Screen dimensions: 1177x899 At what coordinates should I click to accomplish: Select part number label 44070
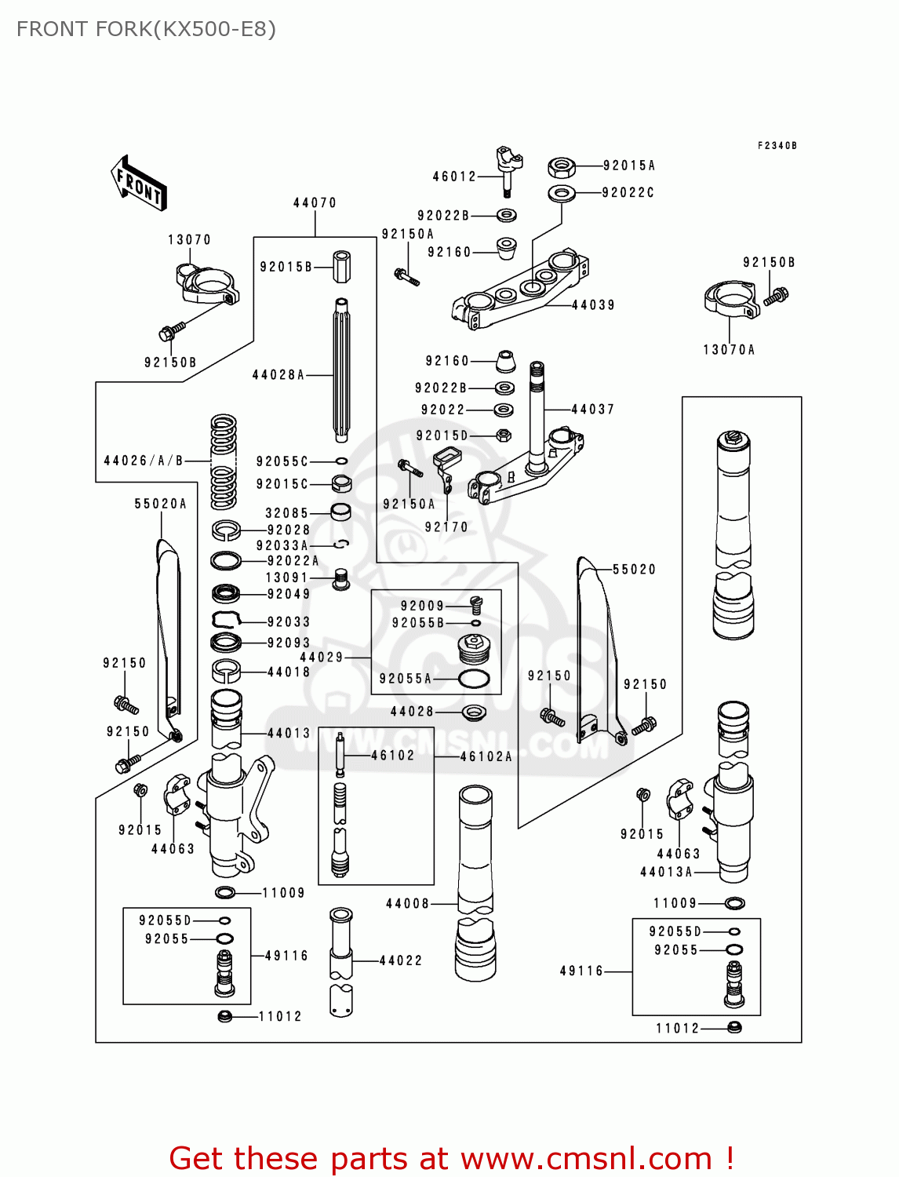(315, 202)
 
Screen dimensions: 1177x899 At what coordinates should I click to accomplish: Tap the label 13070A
(729, 350)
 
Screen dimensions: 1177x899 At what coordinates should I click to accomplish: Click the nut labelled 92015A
(561, 167)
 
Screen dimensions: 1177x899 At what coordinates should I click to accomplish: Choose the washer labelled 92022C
(561, 193)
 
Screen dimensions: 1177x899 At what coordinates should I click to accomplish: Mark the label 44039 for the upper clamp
(593, 305)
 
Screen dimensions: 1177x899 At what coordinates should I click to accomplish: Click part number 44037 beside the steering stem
(592, 410)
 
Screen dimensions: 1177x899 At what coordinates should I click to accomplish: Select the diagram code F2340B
(777, 146)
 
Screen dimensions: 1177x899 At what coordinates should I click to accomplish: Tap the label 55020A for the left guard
(161, 504)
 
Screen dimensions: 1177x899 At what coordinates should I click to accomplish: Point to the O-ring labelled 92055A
(474, 679)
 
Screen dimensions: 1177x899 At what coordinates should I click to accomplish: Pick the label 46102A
(486, 756)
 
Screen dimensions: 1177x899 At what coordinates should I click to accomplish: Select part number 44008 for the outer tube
(407, 904)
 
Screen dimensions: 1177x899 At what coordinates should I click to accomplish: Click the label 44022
(400, 960)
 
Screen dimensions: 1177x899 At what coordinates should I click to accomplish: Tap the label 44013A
(666, 872)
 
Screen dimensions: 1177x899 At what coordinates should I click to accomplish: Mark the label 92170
(446, 527)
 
